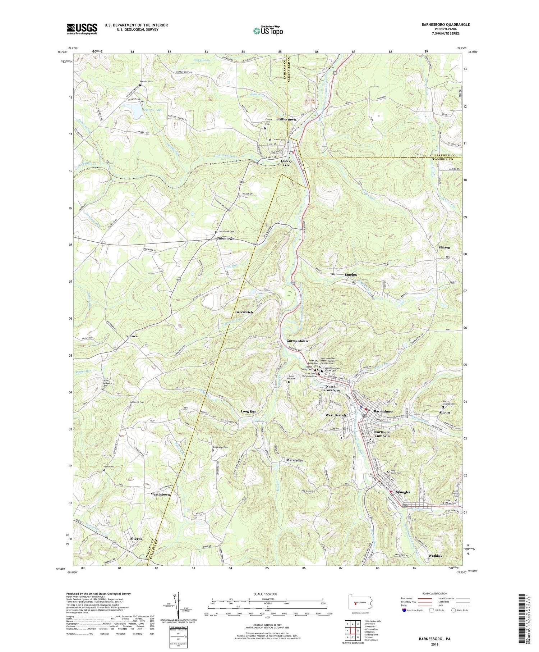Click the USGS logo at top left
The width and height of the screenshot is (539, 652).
[82, 29]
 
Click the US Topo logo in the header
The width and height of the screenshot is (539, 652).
[268, 31]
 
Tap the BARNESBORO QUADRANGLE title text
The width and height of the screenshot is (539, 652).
[441, 24]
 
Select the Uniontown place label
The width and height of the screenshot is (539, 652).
[225, 238]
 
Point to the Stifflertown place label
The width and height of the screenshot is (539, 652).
[286, 119]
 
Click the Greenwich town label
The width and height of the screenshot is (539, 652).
[244, 312]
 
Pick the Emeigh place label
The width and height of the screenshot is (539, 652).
[351, 274]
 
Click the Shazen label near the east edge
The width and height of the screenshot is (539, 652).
[444, 247]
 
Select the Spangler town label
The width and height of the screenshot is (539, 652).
[403, 492]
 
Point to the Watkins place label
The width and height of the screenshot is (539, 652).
[435, 556]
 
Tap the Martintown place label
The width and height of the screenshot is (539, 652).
[160, 494]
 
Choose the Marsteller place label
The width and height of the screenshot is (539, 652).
[294, 460]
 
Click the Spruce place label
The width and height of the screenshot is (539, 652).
[132, 336]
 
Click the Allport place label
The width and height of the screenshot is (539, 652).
[444, 412]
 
